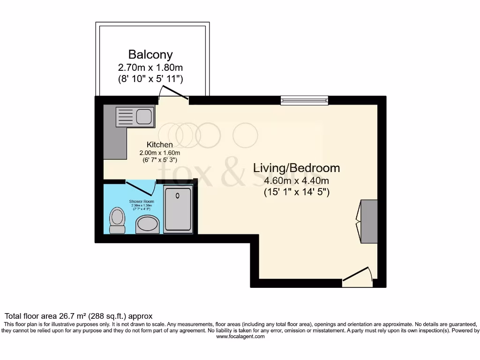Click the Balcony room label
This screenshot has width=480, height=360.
tap(150, 55)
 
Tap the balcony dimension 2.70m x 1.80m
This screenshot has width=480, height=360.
tap(150, 68)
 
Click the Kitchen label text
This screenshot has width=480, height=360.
tap(159, 144)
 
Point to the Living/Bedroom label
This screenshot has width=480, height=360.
tap(297, 168)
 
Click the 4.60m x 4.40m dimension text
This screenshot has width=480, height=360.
tap(297, 181)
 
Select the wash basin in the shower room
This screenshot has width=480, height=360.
tap(147, 225)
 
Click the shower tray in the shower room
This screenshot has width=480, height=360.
tap(178, 209)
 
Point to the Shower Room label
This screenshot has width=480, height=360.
tap(142, 202)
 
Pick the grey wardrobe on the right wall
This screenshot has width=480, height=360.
tap(369, 221)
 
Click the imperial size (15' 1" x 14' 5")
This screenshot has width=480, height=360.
tap(297, 192)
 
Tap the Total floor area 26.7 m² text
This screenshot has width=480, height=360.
tap(78, 316)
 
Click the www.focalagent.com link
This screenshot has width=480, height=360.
tap(240, 337)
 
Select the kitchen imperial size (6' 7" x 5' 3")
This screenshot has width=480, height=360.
tap(160, 159)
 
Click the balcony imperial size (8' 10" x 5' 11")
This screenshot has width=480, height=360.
tap(150, 79)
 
